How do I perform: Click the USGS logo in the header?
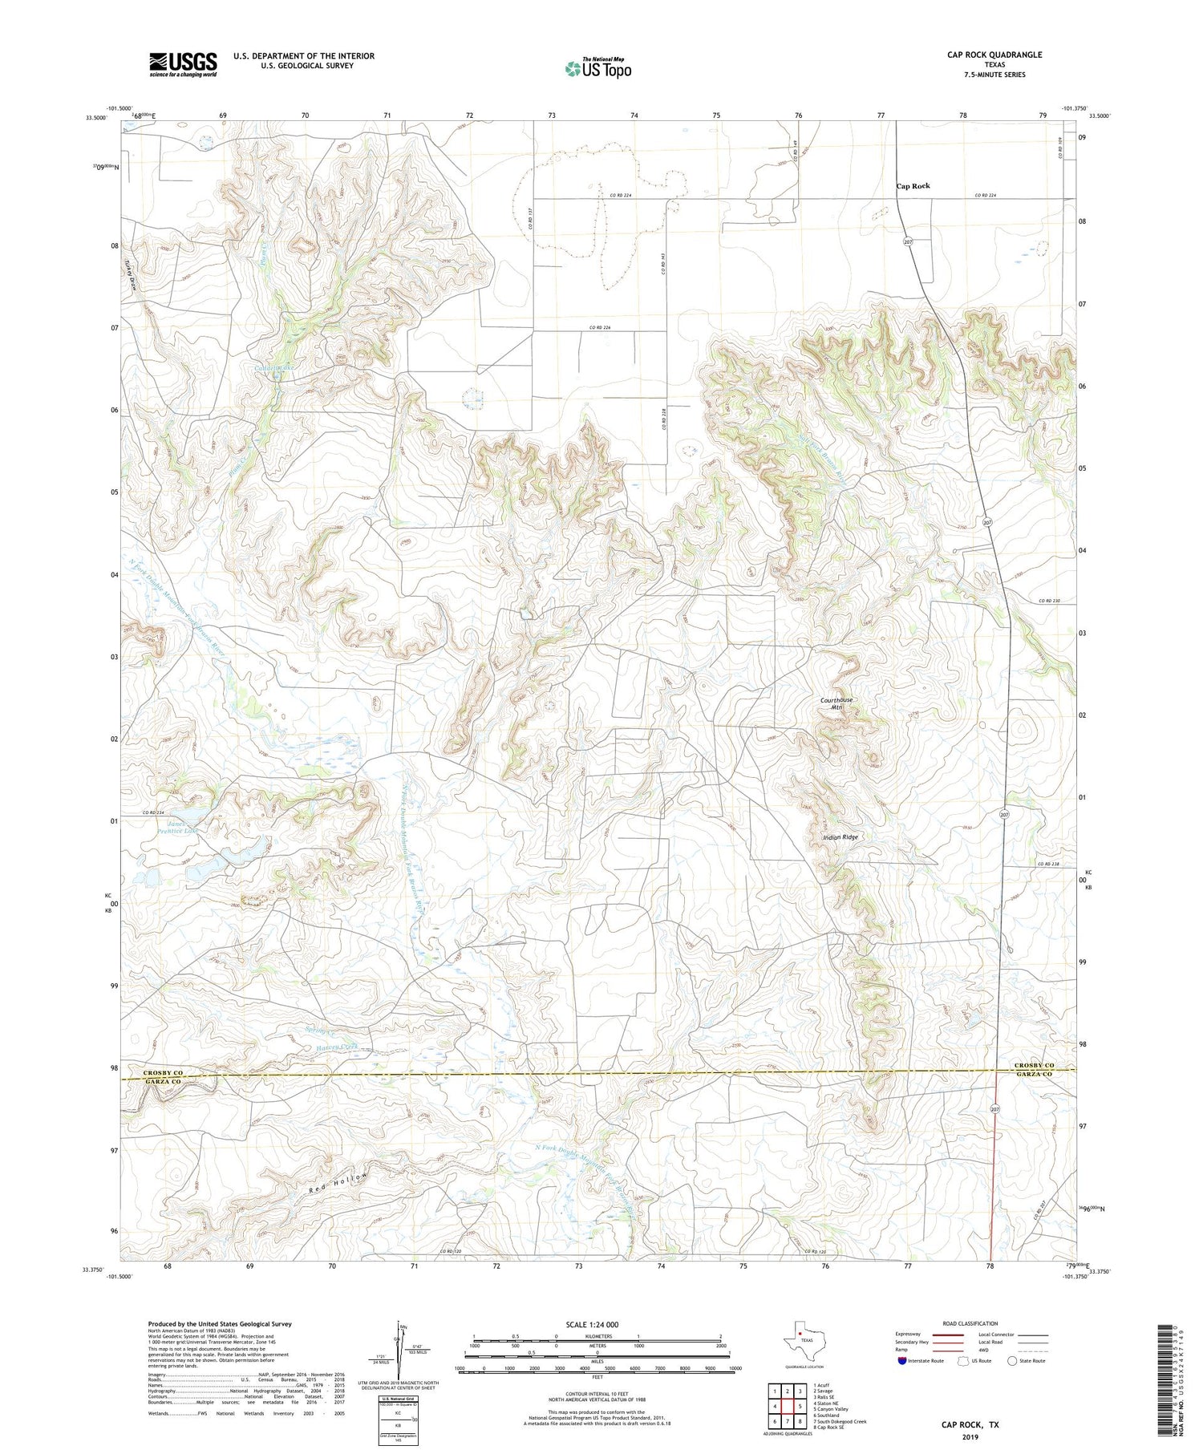click(x=182, y=64)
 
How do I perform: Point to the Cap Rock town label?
click(x=913, y=185)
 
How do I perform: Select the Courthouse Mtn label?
click(x=836, y=703)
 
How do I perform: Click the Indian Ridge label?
click(x=840, y=836)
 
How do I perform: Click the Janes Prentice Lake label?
click(x=182, y=827)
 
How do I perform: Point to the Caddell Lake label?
click(x=275, y=368)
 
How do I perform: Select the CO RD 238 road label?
click(x=1054, y=864)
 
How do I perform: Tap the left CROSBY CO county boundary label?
click(x=163, y=1072)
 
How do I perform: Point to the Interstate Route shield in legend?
click(x=903, y=1361)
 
